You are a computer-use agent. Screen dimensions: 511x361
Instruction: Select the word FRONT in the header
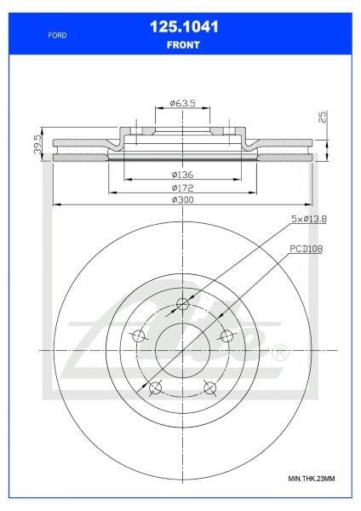click(x=180, y=45)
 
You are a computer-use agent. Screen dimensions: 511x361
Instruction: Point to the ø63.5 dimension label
click(x=182, y=103)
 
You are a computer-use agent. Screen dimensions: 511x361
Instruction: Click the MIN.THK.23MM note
click(x=312, y=479)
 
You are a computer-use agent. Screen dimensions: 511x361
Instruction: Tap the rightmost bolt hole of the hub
click(x=226, y=336)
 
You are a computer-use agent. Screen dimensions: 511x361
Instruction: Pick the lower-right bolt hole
click(x=209, y=389)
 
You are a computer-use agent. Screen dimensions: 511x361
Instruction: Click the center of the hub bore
click(x=182, y=350)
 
